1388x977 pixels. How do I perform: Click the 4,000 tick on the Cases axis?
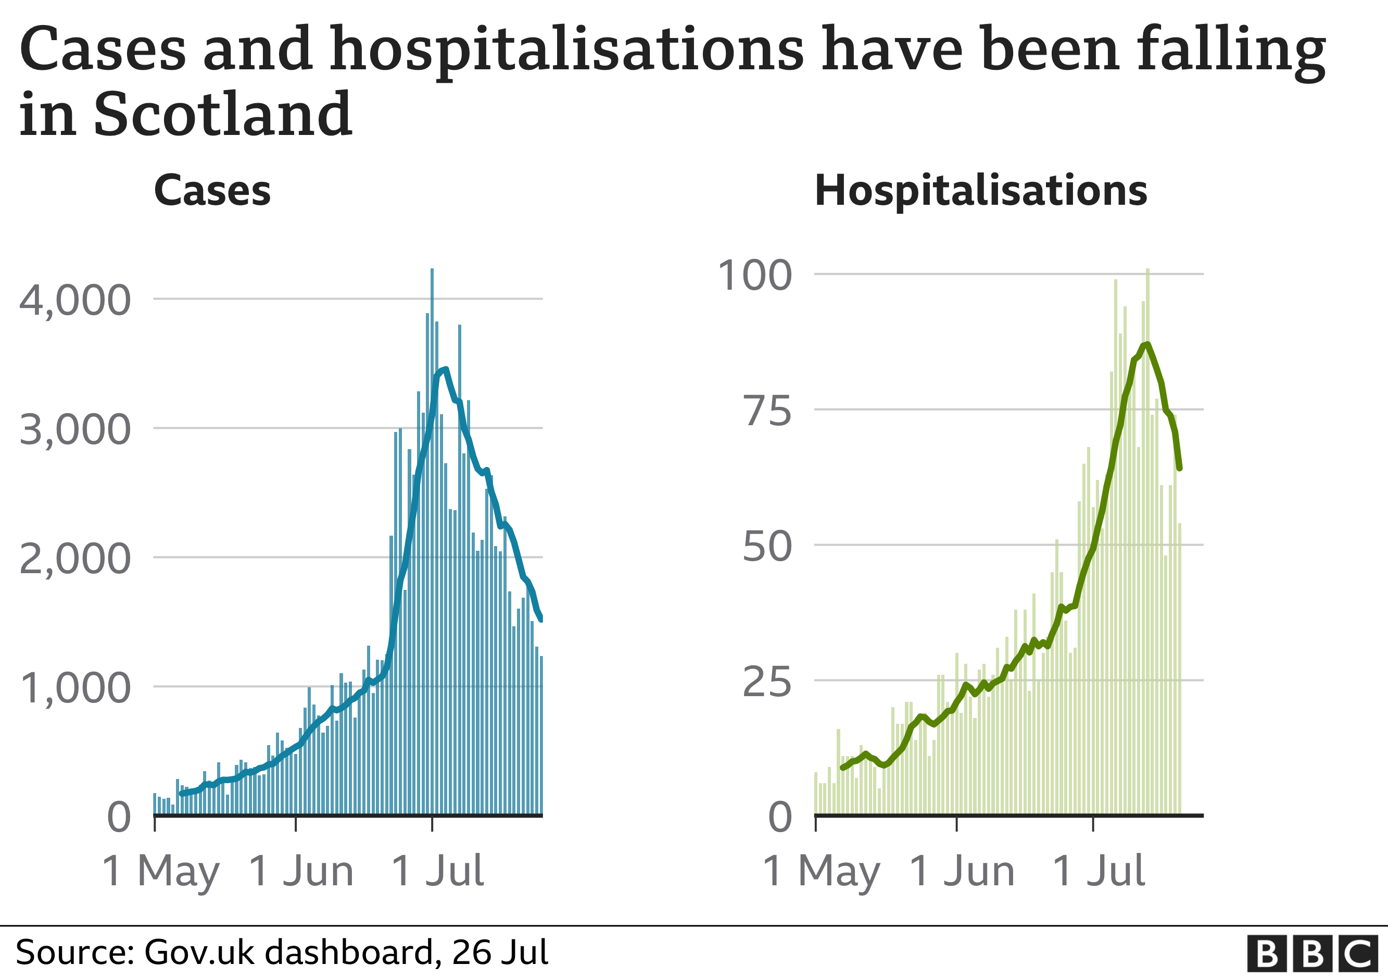click(x=75, y=300)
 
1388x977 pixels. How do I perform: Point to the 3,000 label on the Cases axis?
click(x=75, y=429)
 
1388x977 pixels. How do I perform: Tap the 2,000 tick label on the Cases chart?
click(x=75, y=559)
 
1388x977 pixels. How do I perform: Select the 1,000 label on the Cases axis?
click(x=75, y=688)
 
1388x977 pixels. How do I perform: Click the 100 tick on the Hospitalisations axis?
click(x=754, y=275)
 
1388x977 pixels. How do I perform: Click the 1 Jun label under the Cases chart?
click(x=301, y=872)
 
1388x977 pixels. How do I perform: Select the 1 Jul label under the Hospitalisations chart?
click(x=1099, y=872)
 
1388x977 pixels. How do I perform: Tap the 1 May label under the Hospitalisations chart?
click(x=822, y=872)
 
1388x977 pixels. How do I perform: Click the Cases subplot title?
click(x=212, y=191)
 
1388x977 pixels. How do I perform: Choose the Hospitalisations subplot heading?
click(x=980, y=191)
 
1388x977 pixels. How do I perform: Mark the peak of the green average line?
click(x=1147, y=344)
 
